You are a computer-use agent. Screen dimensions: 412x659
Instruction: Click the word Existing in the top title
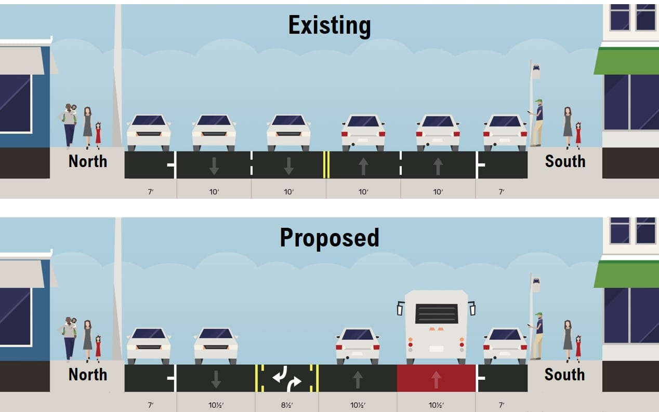[329, 25]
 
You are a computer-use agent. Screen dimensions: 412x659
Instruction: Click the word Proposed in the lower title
[329, 238]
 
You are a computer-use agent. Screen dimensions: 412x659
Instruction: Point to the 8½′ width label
[287, 405]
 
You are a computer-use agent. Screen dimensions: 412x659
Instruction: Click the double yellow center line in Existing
[326, 164]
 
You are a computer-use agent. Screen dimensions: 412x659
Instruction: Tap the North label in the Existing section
[87, 161]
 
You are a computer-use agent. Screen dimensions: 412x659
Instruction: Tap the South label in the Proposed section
[564, 375]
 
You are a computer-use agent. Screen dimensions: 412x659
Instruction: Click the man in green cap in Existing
[537, 122]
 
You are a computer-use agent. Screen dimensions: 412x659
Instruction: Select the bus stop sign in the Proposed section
[536, 284]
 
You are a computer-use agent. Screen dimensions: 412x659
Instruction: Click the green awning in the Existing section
[626, 61]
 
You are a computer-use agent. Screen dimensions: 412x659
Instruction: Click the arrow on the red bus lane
[436, 379]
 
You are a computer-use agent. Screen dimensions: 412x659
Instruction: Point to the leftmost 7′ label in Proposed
[150, 405]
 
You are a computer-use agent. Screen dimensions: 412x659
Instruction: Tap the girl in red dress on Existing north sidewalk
[98, 134]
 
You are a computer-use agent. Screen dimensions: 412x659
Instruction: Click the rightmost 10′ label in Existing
[438, 192]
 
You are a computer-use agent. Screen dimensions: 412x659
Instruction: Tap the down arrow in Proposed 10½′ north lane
[216, 379]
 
